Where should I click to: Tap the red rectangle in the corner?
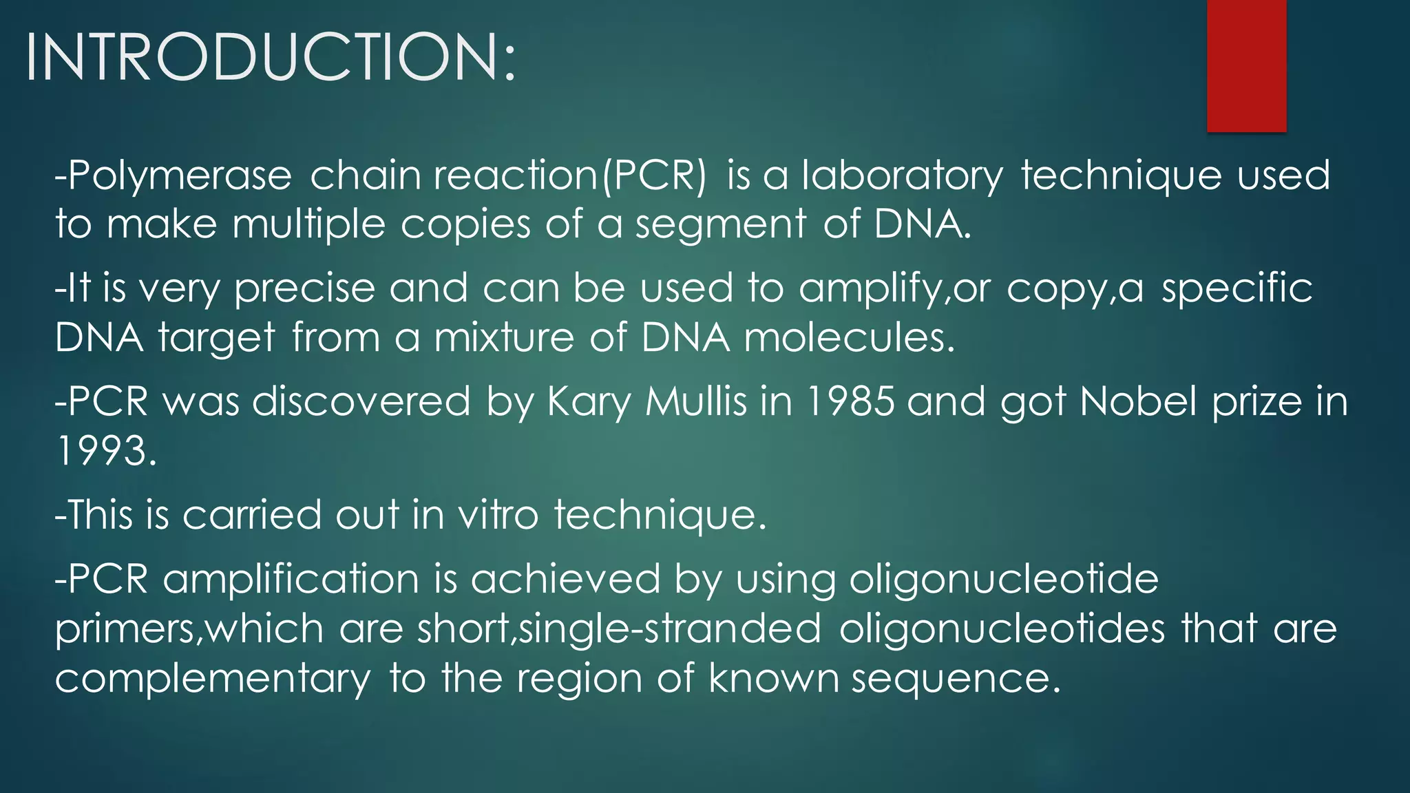coord(1246,65)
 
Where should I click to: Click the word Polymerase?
coord(180,176)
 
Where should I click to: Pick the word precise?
coord(304,288)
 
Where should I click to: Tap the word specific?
coord(1237,287)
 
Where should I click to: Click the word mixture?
coord(504,338)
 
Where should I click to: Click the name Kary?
coord(589,402)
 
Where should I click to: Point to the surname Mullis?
coord(696,401)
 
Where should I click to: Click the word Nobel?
coord(1139,401)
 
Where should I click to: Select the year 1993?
coord(106,452)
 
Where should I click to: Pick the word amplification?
coord(291,579)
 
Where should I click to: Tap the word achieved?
coord(565,578)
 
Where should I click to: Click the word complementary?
coord(213,679)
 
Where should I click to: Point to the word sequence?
coord(956,679)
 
